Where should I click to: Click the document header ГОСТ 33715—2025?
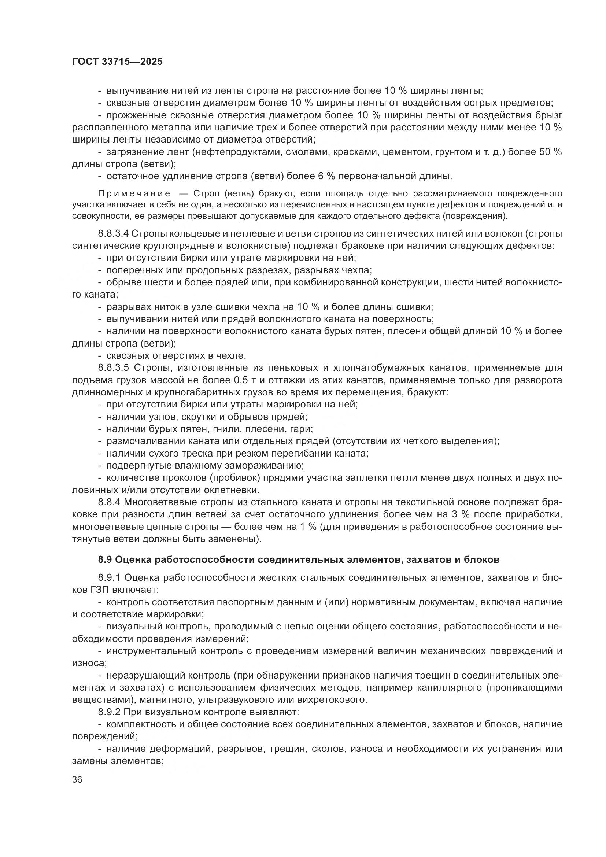(117, 62)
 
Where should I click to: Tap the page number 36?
(77, 780)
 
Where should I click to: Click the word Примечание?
(134, 193)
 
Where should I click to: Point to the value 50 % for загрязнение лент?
(550, 152)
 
